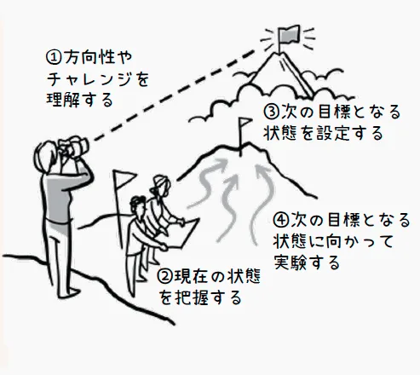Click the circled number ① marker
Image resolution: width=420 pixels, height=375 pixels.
click(54, 57)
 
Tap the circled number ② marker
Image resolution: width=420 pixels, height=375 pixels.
click(164, 277)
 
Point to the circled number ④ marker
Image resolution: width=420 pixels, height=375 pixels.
click(280, 220)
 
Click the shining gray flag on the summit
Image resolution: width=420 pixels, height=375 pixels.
click(289, 34)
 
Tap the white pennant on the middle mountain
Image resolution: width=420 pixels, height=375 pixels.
click(245, 123)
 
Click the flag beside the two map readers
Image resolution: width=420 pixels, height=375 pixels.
click(124, 178)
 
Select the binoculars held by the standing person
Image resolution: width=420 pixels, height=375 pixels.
click(74, 147)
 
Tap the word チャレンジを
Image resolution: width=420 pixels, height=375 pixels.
click(98, 78)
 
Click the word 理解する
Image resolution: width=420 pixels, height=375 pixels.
click(80, 100)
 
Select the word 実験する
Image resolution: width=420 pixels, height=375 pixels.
click(307, 262)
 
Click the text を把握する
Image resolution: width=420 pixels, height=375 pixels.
click(200, 297)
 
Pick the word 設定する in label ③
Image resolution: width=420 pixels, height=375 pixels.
click(350, 133)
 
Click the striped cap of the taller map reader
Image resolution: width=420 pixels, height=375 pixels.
click(160, 182)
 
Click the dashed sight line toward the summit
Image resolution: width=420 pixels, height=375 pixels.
click(174, 95)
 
